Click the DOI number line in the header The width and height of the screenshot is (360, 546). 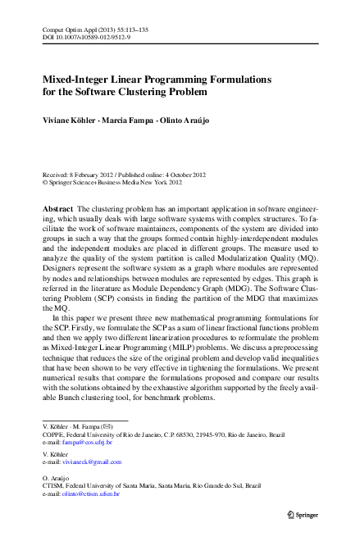point(83,37)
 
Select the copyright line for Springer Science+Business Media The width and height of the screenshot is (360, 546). point(119,184)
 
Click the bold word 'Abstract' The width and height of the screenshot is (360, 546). point(59,210)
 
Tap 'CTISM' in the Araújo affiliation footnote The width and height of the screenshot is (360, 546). point(53,488)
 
